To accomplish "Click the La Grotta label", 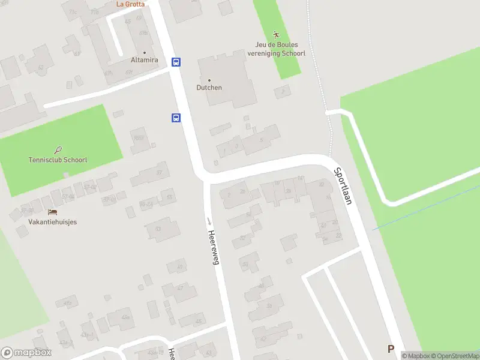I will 130,4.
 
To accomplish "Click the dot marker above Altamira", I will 143,52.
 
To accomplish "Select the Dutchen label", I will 209,88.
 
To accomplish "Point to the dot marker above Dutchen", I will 209,80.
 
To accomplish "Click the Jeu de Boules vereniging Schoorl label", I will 277,49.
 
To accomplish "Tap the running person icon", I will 276,35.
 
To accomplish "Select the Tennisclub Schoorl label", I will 58,160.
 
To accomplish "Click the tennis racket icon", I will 58,150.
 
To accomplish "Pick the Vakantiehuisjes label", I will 53,221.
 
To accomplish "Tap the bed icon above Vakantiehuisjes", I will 53,212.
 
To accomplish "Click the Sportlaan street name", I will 343,186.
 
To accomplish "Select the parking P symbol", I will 391,349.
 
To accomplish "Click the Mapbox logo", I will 26,353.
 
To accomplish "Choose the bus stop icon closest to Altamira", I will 176,62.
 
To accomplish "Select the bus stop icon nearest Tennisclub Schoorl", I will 176,118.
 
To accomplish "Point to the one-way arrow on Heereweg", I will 209,221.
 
